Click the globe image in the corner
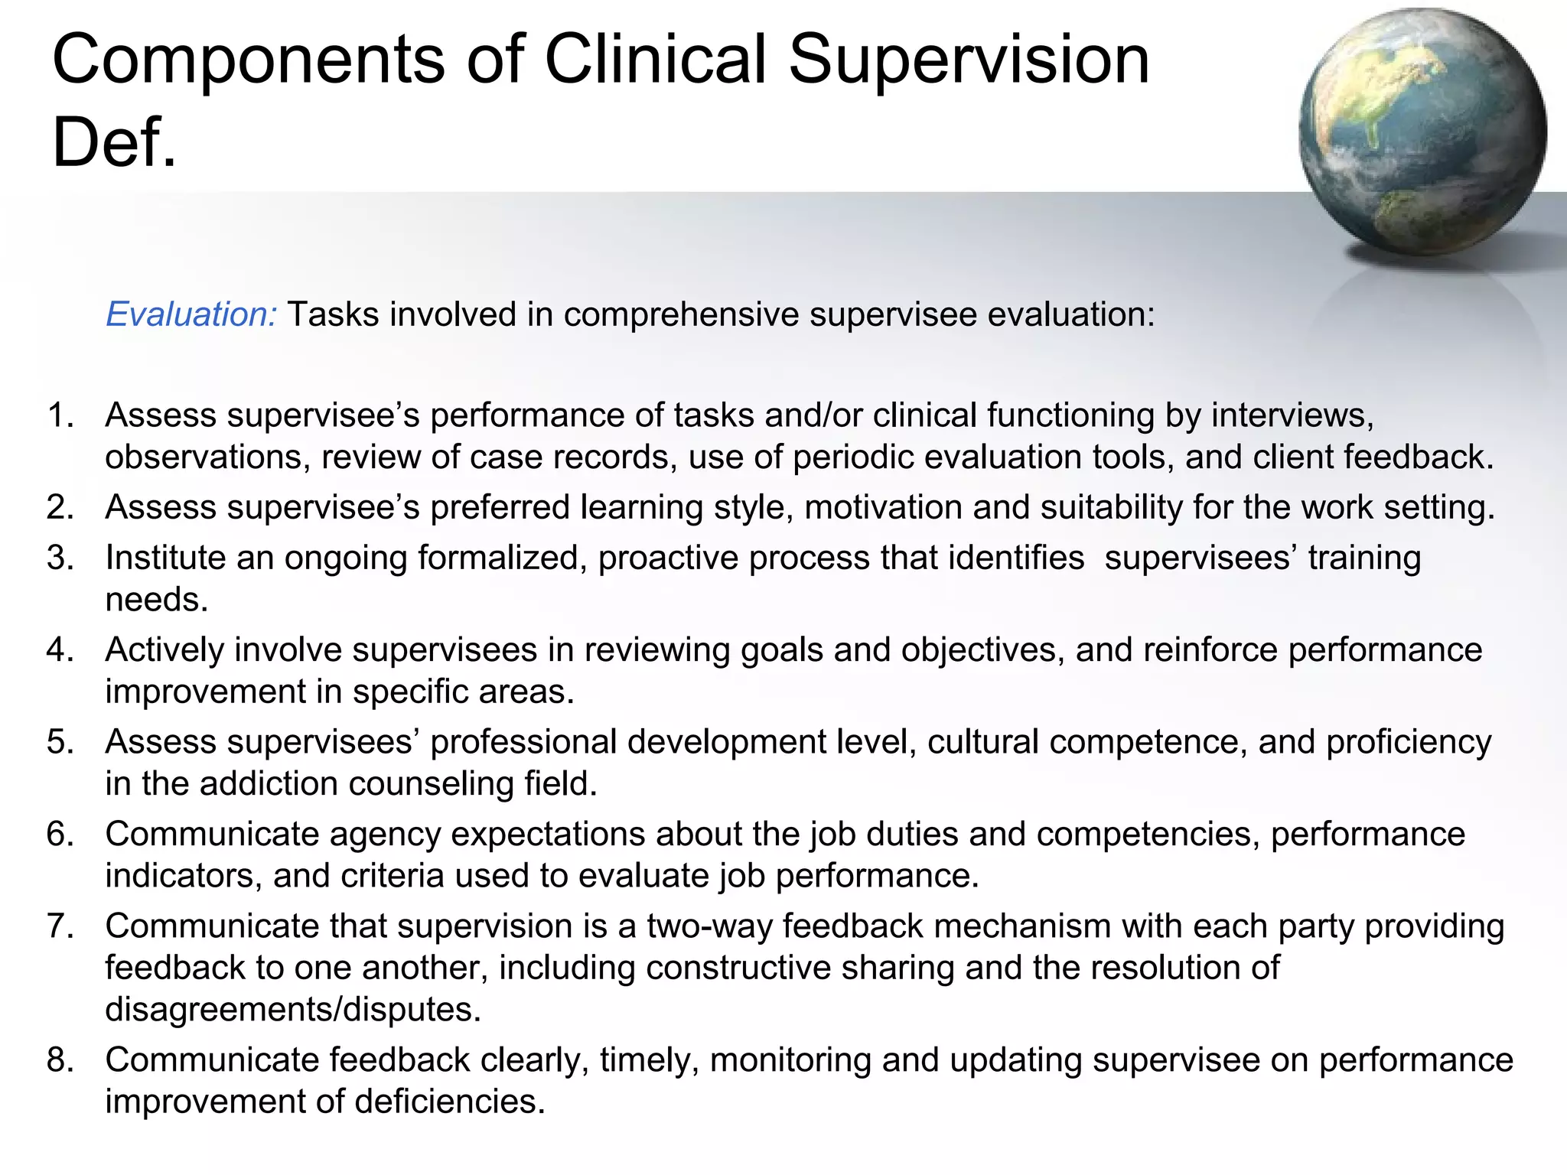click(x=1422, y=132)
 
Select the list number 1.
click(x=60, y=415)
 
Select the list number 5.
click(x=60, y=742)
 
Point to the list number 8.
click(x=60, y=1060)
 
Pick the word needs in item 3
click(x=156, y=600)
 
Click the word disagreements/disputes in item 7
click(x=293, y=1010)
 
